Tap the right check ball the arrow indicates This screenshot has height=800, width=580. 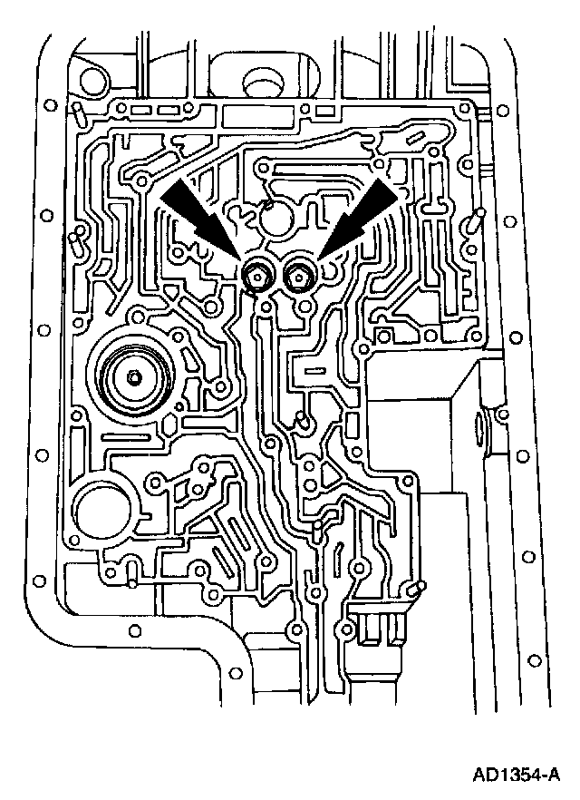(296, 276)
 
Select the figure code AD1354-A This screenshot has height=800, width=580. (515, 775)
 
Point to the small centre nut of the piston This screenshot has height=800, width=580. (133, 377)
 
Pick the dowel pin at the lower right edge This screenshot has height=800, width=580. (414, 590)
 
